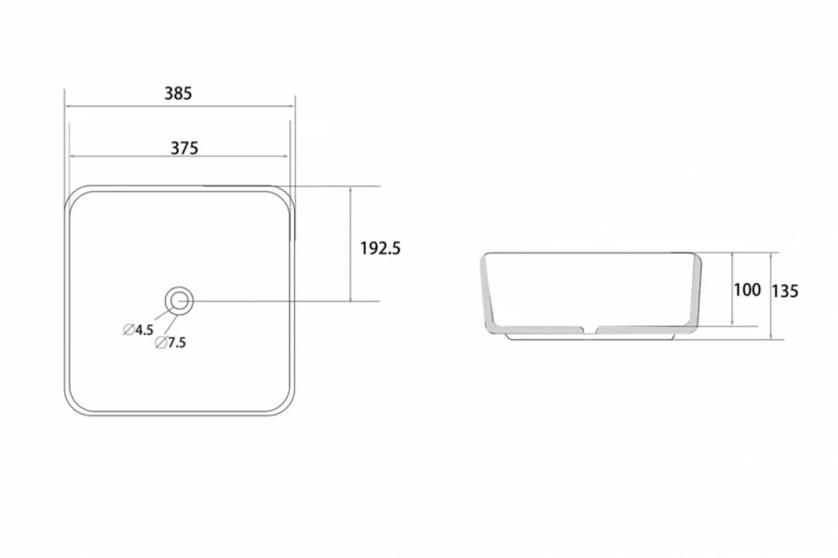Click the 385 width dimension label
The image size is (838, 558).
tap(178, 93)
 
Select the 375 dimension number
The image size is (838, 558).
tap(183, 147)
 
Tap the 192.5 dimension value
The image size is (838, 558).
tap(380, 248)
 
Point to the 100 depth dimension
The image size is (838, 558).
tap(747, 290)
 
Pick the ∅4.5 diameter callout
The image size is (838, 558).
tap(138, 329)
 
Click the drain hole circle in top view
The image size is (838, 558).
tap(179, 300)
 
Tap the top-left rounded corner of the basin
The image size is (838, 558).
tap(74, 196)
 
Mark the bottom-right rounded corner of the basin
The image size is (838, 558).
tap(283, 404)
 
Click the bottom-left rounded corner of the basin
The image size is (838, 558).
tap(74, 404)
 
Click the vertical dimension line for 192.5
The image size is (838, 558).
tap(350, 214)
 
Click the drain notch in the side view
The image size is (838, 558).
tap(589, 329)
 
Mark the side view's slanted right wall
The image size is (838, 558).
tap(695, 293)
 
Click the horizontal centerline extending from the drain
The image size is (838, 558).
tap(279, 301)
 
